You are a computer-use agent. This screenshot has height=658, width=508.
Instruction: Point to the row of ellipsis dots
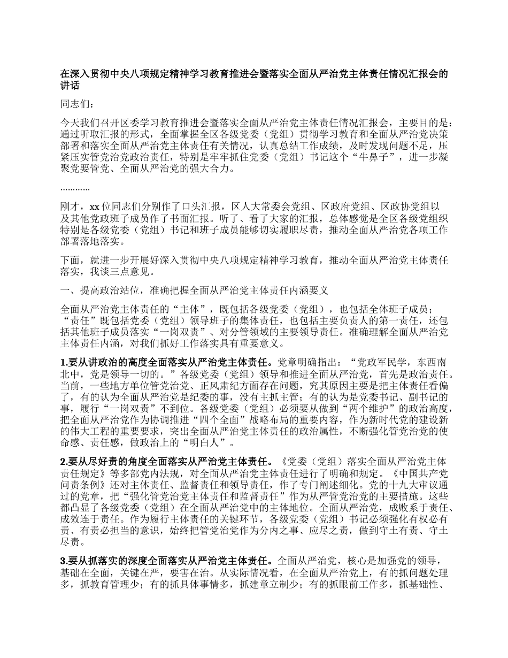click(75, 189)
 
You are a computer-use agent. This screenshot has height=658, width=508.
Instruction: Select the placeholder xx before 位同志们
click(94, 206)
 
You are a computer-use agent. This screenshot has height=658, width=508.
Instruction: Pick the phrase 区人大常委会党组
click(271, 206)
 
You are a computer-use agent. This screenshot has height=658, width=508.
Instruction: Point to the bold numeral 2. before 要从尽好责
click(64, 461)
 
